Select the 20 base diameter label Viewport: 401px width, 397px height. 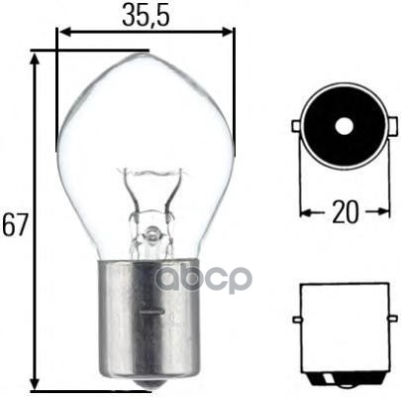343,210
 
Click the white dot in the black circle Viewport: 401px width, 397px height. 343,127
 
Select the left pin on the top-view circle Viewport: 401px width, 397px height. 297,128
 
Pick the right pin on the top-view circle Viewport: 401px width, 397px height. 387,128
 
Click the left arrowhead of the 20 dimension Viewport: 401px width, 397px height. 305,211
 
